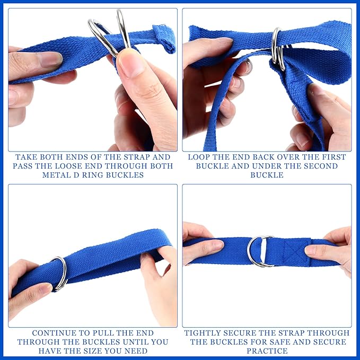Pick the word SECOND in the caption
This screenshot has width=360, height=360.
coord(318,166)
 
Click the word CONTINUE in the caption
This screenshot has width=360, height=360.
coord(53,333)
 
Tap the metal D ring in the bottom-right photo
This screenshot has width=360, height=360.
coord(260,251)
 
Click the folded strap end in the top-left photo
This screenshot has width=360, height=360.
coord(164,38)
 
